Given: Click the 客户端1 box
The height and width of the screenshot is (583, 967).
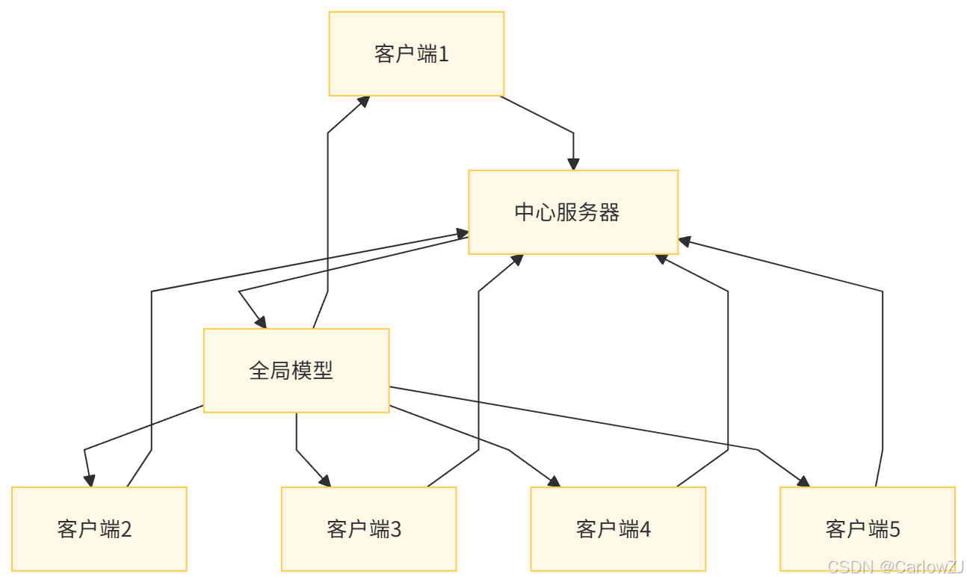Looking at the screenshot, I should (x=416, y=54).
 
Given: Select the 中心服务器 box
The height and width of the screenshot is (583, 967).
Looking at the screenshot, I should (x=573, y=212).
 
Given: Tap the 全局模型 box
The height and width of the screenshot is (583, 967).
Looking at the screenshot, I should (x=296, y=371).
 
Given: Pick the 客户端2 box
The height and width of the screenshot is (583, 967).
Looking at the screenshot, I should (x=99, y=529).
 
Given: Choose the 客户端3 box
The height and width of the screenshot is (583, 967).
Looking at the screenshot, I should (x=368, y=529).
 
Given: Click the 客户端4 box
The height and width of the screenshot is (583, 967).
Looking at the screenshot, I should (x=618, y=529).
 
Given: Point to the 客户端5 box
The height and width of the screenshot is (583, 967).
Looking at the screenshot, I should (x=867, y=529).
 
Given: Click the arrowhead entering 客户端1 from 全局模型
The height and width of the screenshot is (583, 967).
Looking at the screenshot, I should (x=364, y=102).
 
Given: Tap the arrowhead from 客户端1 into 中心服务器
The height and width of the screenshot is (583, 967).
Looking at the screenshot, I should (x=573, y=163).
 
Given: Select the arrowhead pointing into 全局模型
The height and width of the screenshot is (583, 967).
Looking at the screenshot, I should (x=259, y=321).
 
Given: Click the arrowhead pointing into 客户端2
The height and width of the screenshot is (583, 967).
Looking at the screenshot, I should (x=90, y=480).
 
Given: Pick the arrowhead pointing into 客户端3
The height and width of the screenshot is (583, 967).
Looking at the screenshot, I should (x=326, y=480).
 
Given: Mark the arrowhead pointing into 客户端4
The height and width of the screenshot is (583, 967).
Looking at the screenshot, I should (x=554, y=481).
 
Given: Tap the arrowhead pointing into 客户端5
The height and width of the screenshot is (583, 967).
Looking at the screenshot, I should (x=803, y=481).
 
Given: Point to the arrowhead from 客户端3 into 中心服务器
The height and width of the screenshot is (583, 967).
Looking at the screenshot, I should (x=516, y=260).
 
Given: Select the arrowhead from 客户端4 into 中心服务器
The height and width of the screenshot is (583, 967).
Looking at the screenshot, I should (x=661, y=259).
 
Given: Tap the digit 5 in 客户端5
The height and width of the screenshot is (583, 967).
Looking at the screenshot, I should (x=894, y=529).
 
